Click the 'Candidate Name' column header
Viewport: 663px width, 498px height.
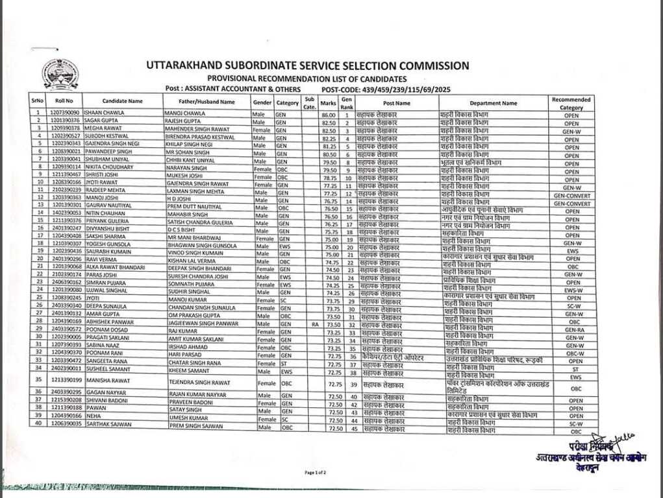(x=122, y=102)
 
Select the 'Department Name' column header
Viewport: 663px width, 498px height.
(x=494, y=103)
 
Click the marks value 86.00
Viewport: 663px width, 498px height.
(x=328, y=115)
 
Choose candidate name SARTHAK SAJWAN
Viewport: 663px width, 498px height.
(x=108, y=424)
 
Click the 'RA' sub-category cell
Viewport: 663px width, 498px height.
(x=314, y=324)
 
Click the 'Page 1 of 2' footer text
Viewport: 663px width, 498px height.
(x=316, y=473)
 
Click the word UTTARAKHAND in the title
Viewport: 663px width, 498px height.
(x=184, y=65)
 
